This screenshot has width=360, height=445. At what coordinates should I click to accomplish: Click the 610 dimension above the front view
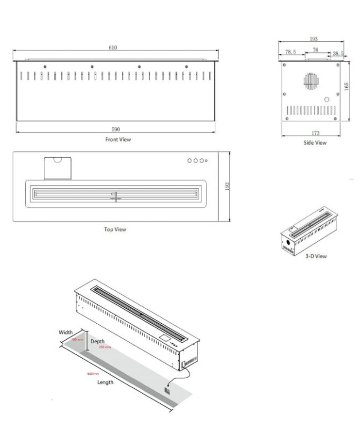(113, 48)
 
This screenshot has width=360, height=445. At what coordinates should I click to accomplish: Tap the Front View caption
(118, 140)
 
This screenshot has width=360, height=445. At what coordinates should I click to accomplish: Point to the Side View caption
(314, 143)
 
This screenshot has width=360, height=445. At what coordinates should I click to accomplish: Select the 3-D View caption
(315, 256)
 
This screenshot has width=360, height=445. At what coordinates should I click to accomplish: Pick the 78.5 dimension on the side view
(290, 52)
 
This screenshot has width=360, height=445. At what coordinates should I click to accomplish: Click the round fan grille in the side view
(309, 80)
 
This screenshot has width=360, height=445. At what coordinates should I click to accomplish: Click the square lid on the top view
(58, 167)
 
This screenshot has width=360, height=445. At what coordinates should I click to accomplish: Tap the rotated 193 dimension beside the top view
(228, 186)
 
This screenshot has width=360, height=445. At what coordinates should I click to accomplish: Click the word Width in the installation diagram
(66, 333)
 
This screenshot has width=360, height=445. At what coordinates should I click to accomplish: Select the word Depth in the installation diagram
(98, 341)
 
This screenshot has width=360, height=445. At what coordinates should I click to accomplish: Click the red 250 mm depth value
(105, 347)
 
